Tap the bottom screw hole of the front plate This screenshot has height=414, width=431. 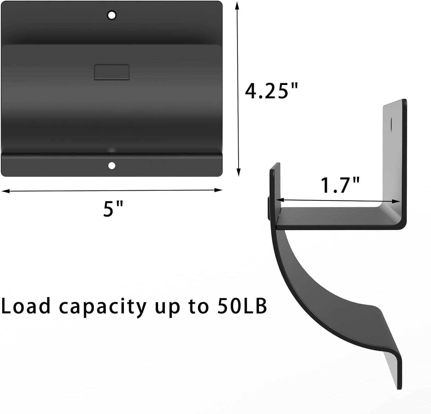tap(111, 165)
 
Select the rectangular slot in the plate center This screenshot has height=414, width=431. tap(111, 72)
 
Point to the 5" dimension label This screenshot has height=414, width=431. tap(113, 209)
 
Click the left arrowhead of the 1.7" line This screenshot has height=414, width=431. tap(279, 200)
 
